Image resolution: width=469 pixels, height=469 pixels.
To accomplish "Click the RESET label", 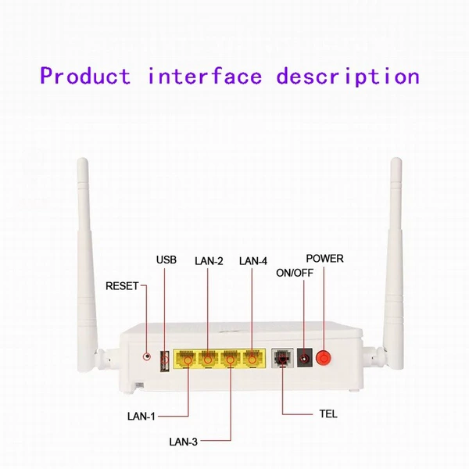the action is click(x=122, y=286).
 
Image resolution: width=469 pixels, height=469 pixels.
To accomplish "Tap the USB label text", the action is click(x=166, y=260).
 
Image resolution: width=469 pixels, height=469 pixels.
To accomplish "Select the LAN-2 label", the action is click(x=209, y=261).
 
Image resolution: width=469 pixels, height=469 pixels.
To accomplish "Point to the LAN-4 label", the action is click(x=253, y=261).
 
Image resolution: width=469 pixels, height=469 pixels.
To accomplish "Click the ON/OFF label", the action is click(x=295, y=273).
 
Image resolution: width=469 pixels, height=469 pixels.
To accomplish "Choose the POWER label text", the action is click(x=325, y=259).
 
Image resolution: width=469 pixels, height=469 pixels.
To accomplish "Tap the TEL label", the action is click(x=328, y=414).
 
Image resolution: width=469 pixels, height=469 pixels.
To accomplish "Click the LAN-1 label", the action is click(x=141, y=417).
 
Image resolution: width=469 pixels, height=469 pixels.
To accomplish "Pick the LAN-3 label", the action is click(x=184, y=442).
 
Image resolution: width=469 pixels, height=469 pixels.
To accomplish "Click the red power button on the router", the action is click(x=324, y=358).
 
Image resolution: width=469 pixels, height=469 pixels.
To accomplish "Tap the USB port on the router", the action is click(x=165, y=361).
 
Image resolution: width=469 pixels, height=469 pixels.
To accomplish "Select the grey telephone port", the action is click(x=282, y=358).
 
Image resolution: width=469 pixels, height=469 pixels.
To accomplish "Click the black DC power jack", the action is click(x=305, y=358).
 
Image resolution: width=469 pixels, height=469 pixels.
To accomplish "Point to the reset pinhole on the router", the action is click(x=147, y=356).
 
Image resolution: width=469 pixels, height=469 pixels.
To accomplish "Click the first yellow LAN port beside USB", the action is click(x=186, y=359).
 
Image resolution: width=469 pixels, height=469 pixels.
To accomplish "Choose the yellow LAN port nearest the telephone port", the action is click(x=253, y=359).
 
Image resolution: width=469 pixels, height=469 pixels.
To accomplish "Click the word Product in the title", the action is click(x=85, y=76).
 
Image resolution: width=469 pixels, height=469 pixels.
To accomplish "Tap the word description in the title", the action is click(x=348, y=77).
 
